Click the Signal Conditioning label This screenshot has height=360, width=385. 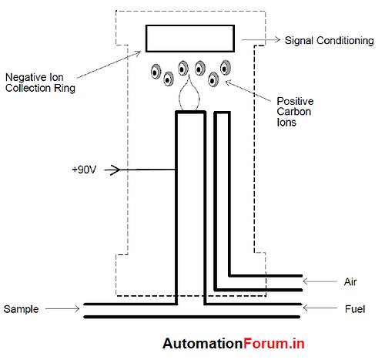[x=329, y=41]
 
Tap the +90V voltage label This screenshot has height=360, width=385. [x=84, y=170]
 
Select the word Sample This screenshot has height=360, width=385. [x=21, y=309]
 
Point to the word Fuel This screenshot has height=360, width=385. [x=355, y=309]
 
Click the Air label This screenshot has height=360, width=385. [x=350, y=281]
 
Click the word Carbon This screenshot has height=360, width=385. [x=294, y=112]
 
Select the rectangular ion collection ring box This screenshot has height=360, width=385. [x=190, y=25]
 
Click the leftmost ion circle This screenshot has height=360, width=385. [x=156, y=72]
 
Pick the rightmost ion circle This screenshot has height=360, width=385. [x=226, y=68]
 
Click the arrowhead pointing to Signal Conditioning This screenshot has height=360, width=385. [x=277, y=39]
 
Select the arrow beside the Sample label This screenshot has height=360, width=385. [x=62, y=308]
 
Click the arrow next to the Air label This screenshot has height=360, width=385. [x=320, y=281]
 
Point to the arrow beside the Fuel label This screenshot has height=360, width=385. [x=320, y=308]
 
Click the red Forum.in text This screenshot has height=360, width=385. [x=274, y=343]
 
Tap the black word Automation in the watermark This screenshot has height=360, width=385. [x=203, y=343]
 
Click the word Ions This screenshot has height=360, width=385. [x=286, y=123]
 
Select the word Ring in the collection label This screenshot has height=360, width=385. [x=65, y=88]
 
